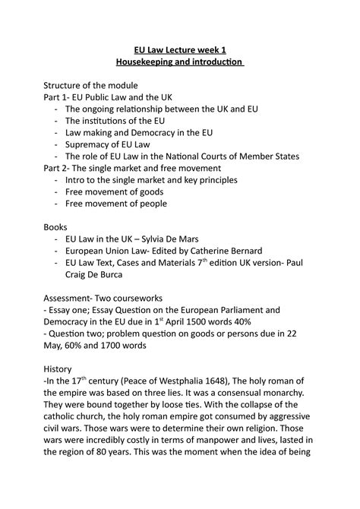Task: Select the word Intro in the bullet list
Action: click(x=78, y=180)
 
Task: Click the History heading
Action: click(x=59, y=368)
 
